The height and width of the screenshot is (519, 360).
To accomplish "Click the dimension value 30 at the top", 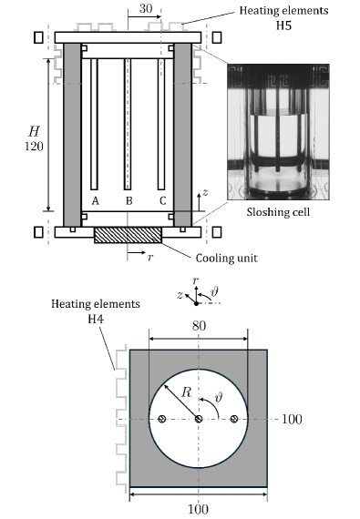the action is tap(146, 8).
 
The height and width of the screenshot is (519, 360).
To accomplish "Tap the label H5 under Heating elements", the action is tap(283, 25).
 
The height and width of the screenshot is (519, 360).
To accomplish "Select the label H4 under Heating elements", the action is tap(96, 319).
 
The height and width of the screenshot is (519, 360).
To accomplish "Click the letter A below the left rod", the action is tap(95, 201).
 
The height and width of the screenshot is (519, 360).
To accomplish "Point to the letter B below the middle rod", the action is tap(129, 201).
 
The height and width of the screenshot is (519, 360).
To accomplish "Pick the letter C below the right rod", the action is tap(162, 201).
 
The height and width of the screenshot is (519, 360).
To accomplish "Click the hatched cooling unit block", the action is tap(129, 235).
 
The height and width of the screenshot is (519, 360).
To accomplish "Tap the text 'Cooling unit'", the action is tap(227, 258).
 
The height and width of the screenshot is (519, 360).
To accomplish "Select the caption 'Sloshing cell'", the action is tap(278, 212).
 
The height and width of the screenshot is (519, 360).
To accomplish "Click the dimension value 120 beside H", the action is tap(34, 146).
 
